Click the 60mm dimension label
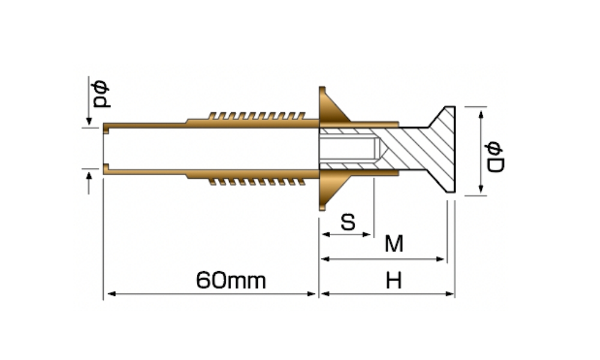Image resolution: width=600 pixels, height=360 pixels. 230,280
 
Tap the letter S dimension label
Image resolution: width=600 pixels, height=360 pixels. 347,222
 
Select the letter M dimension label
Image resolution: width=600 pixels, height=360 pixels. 394,244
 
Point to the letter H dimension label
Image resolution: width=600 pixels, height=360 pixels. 394,280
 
